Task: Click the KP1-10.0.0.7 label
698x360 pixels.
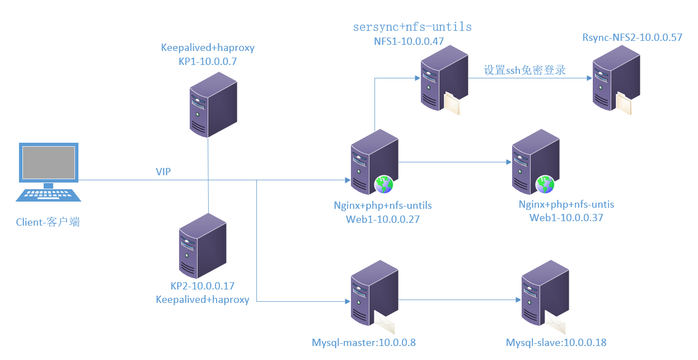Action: click(x=208, y=62)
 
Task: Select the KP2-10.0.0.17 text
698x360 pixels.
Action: click(x=202, y=286)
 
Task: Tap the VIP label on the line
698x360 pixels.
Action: click(x=163, y=171)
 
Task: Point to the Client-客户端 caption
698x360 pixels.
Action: click(x=48, y=222)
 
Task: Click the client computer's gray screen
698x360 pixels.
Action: click(x=49, y=162)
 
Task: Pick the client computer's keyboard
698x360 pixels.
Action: click(x=48, y=195)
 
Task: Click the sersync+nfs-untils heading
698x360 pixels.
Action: click(x=413, y=27)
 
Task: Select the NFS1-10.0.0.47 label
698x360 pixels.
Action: click(x=409, y=41)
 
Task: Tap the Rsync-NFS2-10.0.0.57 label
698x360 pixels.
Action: click(x=633, y=38)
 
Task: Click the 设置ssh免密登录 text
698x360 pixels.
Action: click(x=524, y=70)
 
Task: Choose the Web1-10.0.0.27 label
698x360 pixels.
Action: click(x=383, y=219)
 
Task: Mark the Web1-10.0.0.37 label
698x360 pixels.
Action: click(x=566, y=218)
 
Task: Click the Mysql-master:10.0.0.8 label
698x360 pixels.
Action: click(x=364, y=343)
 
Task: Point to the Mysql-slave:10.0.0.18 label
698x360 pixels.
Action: click(x=556, y=343)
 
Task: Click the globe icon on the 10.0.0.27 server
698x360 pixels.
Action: click(x=384, y=185)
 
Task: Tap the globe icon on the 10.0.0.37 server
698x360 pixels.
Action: click(x=545, y=185)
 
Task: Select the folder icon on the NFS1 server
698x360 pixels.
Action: click(x=452, y=103)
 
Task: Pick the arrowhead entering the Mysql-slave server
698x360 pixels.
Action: click(x=518, y=300)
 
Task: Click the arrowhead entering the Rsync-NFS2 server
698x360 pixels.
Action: click(x=589, y=78)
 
